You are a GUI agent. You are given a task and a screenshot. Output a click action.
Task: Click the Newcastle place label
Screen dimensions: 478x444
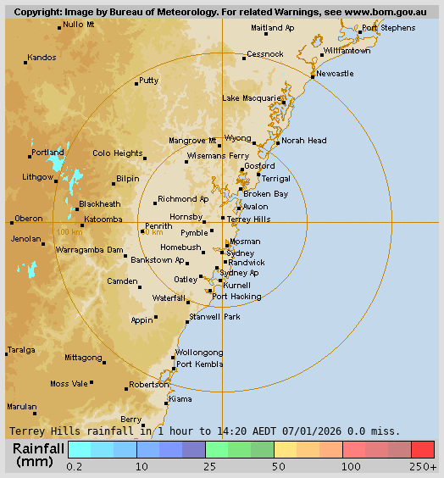tap(335, 74)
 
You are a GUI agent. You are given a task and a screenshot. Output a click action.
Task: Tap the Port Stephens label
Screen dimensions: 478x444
tap(388, 28)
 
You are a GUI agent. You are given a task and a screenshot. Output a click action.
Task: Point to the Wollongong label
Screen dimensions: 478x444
tap(199, 353)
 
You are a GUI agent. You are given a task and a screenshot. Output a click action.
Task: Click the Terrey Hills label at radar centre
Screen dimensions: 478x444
tap(248, 220)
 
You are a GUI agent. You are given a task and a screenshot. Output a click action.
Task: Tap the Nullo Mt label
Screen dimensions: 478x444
tap(79, 24)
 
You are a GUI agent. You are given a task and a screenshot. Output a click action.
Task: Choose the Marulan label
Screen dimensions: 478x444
tap(22, 407)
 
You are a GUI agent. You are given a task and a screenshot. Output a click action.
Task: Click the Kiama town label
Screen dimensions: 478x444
tap(180, 398)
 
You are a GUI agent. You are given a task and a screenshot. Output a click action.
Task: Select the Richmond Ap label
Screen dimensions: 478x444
tap(183, 199)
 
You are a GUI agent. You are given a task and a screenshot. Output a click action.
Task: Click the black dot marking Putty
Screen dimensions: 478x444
tap(136, 83)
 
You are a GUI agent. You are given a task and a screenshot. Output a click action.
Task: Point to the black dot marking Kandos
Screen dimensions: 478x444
tap(26, 66)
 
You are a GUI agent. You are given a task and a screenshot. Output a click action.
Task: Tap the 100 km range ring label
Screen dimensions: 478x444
tap(69, 231)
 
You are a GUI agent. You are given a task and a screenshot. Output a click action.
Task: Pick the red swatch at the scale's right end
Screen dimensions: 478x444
tap(423, 449)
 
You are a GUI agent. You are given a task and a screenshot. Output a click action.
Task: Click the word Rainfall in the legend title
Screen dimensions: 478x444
tap(39, 448)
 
